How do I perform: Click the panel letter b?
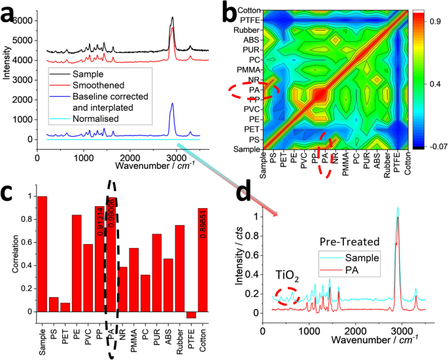pyautogui.click(x=233, y=11)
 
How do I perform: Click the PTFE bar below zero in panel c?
pyautogui.click(x=191, y=315)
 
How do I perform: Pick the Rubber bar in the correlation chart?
pyautogui.click(x=180, y=268)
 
